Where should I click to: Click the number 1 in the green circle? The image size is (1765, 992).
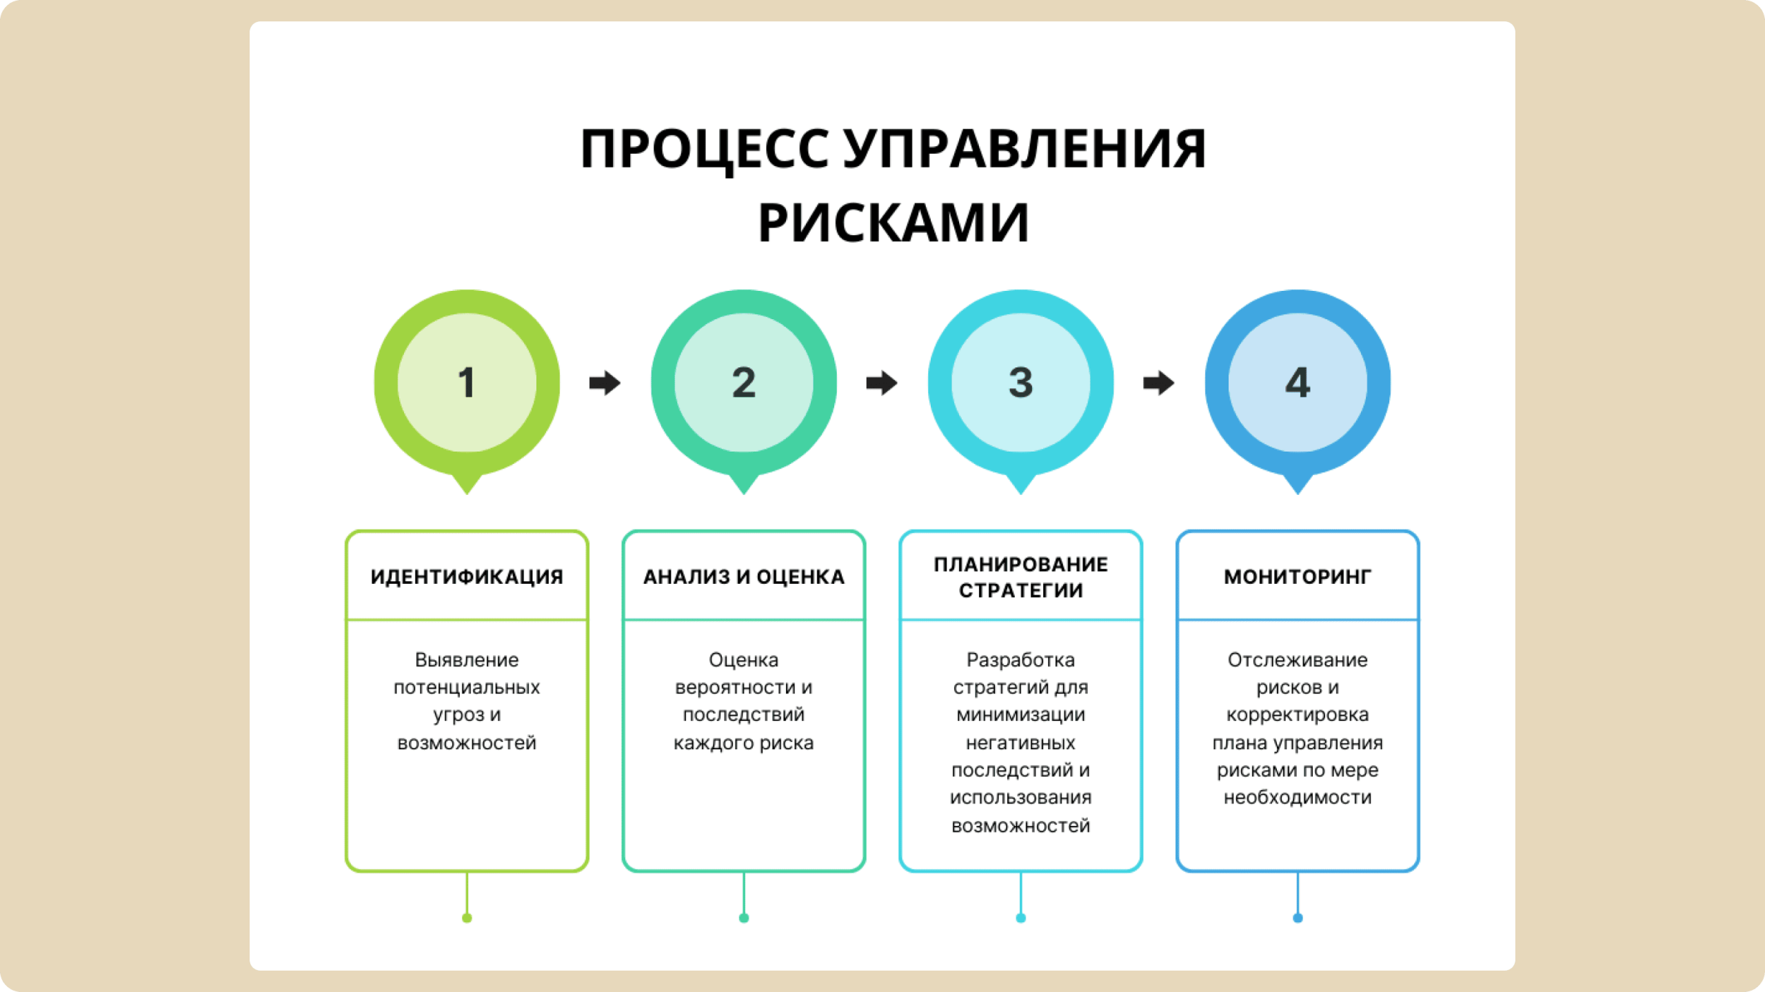[x=467, y=383]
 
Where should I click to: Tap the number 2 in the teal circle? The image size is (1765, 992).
[x=743, y=383]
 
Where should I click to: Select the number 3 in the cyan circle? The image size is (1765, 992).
[x=1020, y=383]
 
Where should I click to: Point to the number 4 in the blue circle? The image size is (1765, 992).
[x=1298, y=383]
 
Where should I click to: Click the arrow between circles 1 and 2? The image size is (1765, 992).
[x=605, y=383]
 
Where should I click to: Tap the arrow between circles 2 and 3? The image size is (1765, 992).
[x=882, y=383]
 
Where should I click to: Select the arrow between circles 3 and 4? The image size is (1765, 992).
[x=1158, y=383]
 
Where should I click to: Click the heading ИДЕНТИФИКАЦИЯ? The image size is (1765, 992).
[x=467, y=577]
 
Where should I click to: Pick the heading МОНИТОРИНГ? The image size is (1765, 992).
[x=1298, y=577]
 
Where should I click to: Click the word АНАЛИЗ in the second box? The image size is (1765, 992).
[x=686, y=577]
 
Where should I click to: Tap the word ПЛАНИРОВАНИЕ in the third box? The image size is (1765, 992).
[x=1020, y=565]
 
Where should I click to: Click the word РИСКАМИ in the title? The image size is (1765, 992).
[x=894, y=223]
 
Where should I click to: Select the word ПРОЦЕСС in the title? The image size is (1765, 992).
[x=704, y=149]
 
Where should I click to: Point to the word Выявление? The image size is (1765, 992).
[x=467, y=660]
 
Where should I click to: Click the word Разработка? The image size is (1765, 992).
[x=1020, y=660]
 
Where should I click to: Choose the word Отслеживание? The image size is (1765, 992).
[x=1298, y=660]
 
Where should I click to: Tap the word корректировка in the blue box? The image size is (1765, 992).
[x=1298, y=715]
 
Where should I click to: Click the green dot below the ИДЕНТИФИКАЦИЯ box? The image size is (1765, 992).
[x=467, y=918]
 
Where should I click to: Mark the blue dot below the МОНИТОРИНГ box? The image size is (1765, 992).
[x=1298, y=918]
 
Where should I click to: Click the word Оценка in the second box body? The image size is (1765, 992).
[x=743, y=660]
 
